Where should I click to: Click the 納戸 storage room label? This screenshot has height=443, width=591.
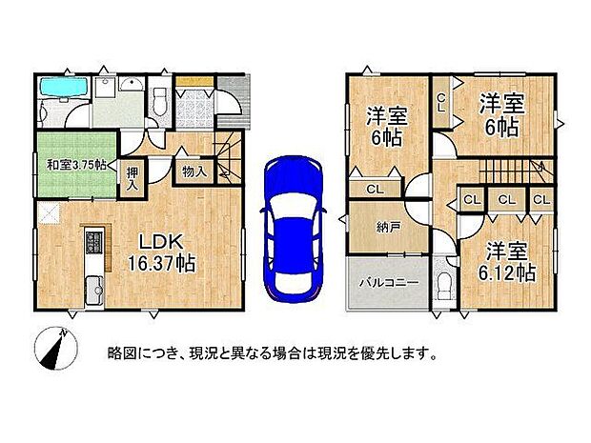[374, 228]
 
